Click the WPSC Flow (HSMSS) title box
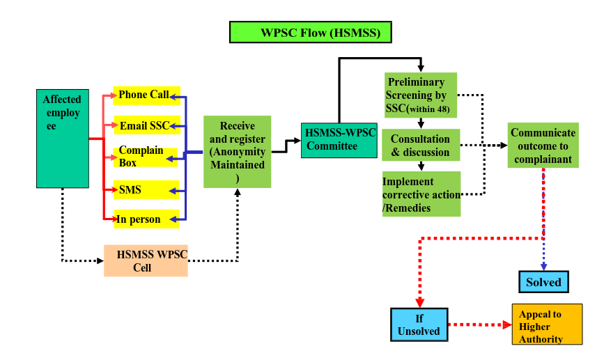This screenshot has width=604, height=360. pyautogui.click(x=310, y=32)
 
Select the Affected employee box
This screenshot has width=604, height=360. pyautogui.click(x=63, y=138)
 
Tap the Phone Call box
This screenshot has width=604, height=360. pyautogui.click(x=146, y=95)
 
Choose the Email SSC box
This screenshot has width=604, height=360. pyautogui.click(x=146, y=125)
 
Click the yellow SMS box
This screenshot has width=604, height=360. pyautogui.click(x=146, y=189)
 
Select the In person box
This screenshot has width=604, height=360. pyautogui.click(x=146, y=219)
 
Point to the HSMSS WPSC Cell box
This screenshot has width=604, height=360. pyautogui.click(x=146, y=261)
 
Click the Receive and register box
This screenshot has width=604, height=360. pyautogui.click(x=237, y=152)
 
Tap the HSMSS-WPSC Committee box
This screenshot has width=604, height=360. pyautogui.click(x=339, y=140)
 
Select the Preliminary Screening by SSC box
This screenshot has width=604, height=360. pyautogui.click(x=421, y=95)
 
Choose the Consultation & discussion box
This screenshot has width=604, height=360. pyautogui.click(x=421, y=146)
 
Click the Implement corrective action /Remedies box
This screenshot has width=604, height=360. pyautogui.click(x=421, y=194)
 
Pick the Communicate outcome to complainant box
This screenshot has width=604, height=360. pyautogui.click(x=543, y=146)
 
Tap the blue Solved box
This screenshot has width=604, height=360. pyautogui.click(x=543, y=282)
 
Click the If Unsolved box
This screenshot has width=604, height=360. pyautogui.click(x=419, y=324)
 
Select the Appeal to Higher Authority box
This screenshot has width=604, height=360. pyautogui.click(x=547, y=324)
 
